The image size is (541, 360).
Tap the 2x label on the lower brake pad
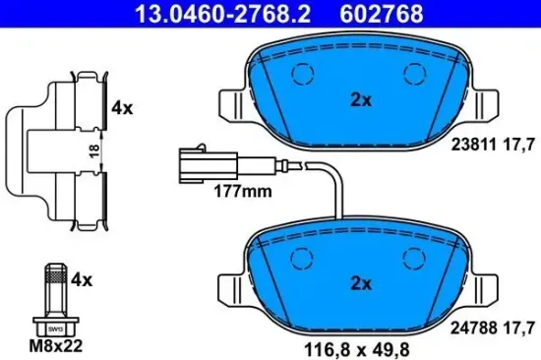(361, 283)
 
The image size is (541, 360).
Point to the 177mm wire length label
(243, 192)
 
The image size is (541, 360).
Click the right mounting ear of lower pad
(489, 287)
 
